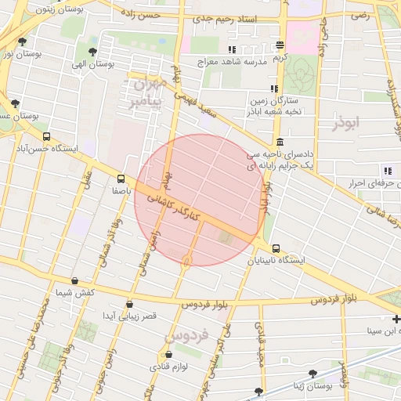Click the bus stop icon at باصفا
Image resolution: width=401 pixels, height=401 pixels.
pyautogui.click(x=121, y=178)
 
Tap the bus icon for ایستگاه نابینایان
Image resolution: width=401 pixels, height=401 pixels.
pyautogui.click(x=275, y=248)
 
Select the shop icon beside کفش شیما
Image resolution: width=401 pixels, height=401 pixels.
pyautogui.click(x=74, y=280)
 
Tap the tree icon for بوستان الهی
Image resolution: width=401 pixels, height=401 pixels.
pyautogui.click(x=93, y=52)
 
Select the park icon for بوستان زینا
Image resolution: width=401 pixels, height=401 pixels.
pyautogui.click(x=313, y=374)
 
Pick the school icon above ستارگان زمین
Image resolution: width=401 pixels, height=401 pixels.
pyautogui.click(x=273, y=89)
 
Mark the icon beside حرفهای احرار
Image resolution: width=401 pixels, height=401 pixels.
pyautogui.click(x=387, y=171)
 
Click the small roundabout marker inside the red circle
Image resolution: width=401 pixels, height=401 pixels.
pyautogui.click(x=186, y=260)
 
